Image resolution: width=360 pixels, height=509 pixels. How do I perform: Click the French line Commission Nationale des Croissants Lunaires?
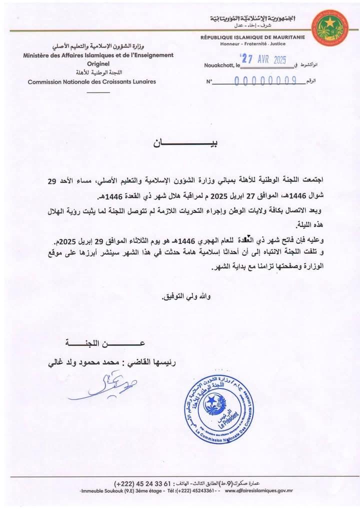[x=91, y=81]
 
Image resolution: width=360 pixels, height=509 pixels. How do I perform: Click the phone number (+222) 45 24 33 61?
[x=142, y=483]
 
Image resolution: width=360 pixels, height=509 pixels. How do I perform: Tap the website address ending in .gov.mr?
[x=258, y=491]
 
